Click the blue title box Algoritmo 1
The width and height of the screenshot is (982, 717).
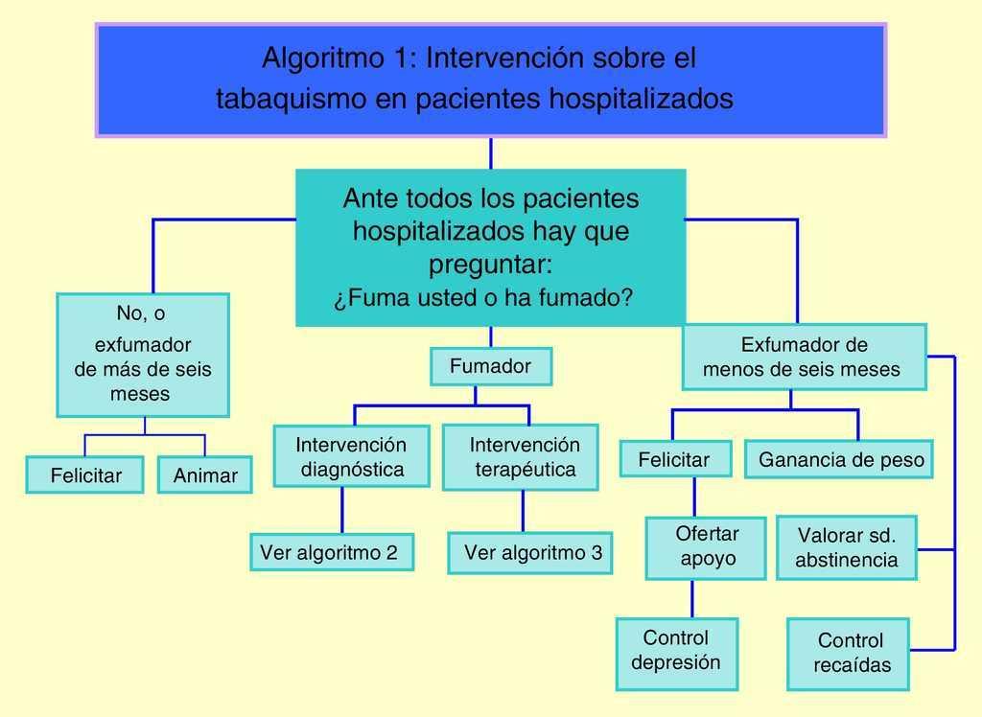click(x=490, y=81)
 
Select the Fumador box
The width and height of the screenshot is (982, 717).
click(x=490, y=366)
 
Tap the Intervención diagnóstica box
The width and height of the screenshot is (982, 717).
click(x=351, y=456)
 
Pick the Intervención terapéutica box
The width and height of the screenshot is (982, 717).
click(x=521, y=457)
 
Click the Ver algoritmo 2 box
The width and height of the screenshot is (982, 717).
click(x=332, y=552)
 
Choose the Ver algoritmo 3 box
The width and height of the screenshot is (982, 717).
click(x=530, y=553)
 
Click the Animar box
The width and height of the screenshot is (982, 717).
click(x=205, y=475)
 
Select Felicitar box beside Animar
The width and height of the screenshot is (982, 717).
click(x=85, y=475)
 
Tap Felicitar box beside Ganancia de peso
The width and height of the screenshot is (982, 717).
click(x=674, y=460)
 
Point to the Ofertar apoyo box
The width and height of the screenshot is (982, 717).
click(x=706, y=547)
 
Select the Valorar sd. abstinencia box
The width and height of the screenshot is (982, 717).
click(x=846, y=548)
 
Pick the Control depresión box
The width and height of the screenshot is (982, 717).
click(x=677, y=652)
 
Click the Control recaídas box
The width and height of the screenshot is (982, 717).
click(x=849, y=654)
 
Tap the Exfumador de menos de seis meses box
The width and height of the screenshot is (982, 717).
click(x=804, y=357)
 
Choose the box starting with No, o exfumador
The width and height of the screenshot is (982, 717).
click(x=143, y=355)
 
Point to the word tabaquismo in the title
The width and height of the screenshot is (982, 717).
click(x=278, y=99)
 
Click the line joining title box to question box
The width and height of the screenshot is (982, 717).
click(x=491, y=153)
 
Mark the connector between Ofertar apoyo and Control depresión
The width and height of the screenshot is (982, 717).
click(x=692, y=599)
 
